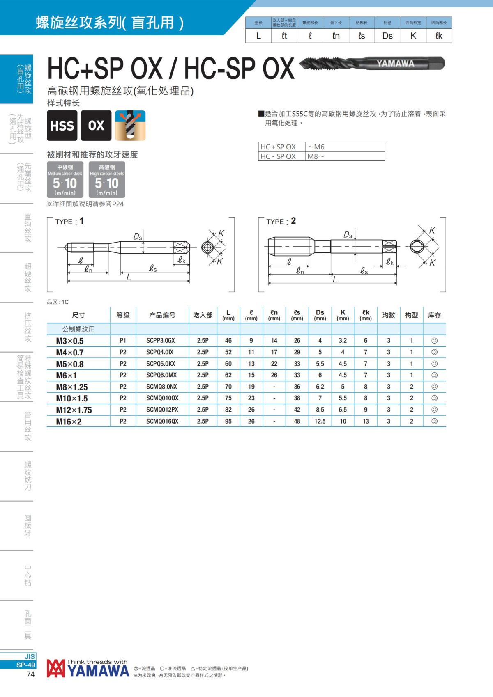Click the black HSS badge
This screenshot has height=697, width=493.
[x=62, y=126]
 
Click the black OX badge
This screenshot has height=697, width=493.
[x=96, y=126]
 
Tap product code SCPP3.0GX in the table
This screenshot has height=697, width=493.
[x=161, y=341]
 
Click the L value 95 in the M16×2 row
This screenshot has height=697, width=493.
[x=228, y=422]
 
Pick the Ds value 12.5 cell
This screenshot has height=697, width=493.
[x=320, y=422]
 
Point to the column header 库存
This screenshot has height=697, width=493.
[x=434, y=315]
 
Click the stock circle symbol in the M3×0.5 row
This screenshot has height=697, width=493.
[x=434, y=341]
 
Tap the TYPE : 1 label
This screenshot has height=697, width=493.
[x=69, y=221]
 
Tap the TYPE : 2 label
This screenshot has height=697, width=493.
[x=281, y=221]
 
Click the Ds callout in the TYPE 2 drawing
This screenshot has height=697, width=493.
[x=348, y=235]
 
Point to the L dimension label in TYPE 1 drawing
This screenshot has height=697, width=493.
[x=129, y=278]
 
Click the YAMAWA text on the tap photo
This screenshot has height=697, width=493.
[x=395, y=64]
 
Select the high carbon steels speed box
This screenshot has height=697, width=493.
[x=107, y=179]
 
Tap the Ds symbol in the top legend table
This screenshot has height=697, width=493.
[x=387, y=36]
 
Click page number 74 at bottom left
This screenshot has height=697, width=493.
[x=30, y=674]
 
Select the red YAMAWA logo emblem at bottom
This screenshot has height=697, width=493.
[x=55, y=669]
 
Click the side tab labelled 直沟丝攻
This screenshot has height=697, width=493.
[x=28, y=228]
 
